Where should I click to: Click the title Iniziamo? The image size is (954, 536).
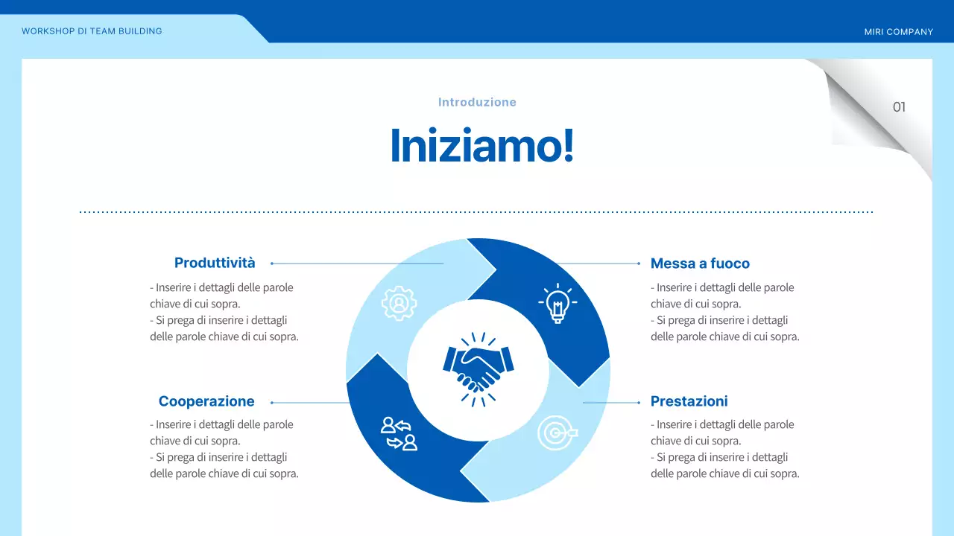coord(482,146)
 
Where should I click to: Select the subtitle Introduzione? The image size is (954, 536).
coord(477,102)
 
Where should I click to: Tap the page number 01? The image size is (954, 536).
coord(899,107)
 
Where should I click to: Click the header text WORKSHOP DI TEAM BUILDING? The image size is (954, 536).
coord(92,31)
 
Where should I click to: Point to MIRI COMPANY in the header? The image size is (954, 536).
coord(898,32)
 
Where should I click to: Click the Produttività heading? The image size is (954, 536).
coord(215,263)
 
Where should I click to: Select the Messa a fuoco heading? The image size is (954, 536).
coord(700,264)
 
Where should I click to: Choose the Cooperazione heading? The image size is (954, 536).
coord(206,402)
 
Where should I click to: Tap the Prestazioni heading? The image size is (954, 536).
coord(689,402)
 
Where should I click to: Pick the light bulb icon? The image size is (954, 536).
coord(556,303)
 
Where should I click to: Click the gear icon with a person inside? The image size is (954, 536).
coord(399,303)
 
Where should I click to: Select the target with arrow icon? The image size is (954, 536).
coord(556,433)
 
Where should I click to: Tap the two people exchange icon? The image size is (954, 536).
coord(399,433)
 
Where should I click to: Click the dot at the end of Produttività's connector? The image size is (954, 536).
coord(272,264)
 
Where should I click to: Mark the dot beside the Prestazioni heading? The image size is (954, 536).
coord(639,403)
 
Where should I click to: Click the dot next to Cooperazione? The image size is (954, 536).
coord(272,403)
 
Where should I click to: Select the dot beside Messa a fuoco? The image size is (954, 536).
coord(639,264)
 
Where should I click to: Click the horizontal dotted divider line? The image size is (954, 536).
coord(477,212)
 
